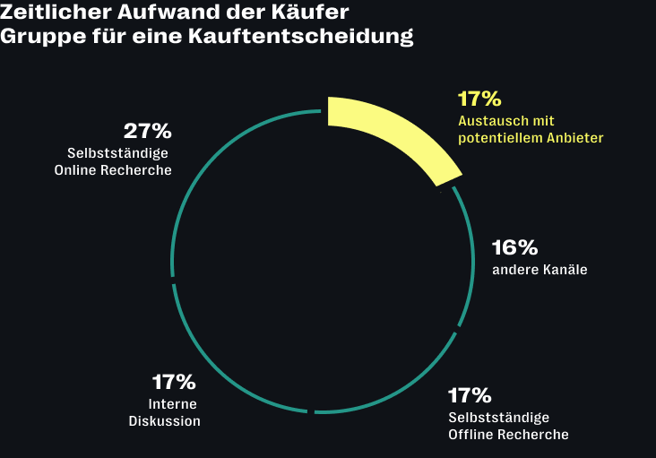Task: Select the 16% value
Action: click(515, 247)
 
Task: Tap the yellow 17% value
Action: click(479, 99)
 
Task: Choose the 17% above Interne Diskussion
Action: click(173, 383)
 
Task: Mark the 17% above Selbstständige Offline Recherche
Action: click(470, 396)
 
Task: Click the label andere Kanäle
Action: click(539, 269)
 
